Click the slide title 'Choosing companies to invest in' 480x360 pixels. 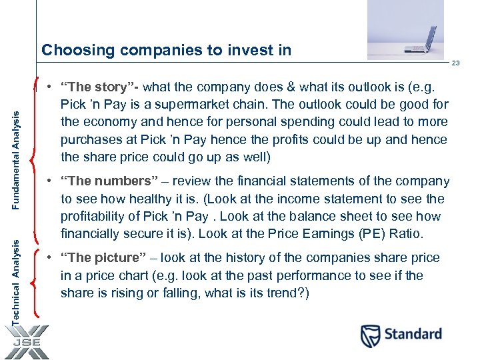[166, 50]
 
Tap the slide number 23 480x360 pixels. [455, 63]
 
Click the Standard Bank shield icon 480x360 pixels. [371, 335]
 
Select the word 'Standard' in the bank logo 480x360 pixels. [413, 334]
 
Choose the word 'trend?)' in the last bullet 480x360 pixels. [288, 293]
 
